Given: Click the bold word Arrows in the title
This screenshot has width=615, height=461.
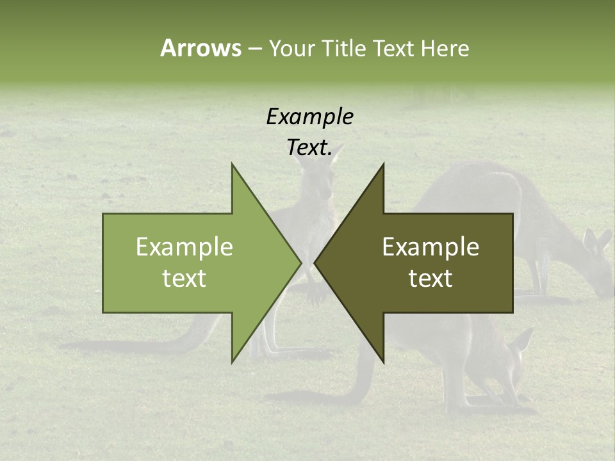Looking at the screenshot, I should [x=201, y=48].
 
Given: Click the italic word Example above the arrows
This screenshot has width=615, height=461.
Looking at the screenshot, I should [x=309, y=117].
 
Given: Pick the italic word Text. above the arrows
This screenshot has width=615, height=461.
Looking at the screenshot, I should [x=309, y=148].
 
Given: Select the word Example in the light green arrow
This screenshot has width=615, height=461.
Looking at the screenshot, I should [x=184, y=247].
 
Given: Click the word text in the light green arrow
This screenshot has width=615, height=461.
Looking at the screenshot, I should [x=184, y=278].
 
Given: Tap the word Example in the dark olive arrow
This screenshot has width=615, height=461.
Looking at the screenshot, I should [x=430, y=247].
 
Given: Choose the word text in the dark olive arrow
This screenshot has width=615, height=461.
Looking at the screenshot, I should [x=430, y=278].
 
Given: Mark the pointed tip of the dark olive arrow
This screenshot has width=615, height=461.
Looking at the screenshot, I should [x=316, y=263].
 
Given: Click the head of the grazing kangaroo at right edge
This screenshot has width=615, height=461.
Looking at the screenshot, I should [x=602, y=275].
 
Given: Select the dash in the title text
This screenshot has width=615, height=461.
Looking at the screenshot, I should [x=254, y=48].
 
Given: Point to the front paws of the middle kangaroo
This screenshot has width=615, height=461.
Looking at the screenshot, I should [x=315, y=291].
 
